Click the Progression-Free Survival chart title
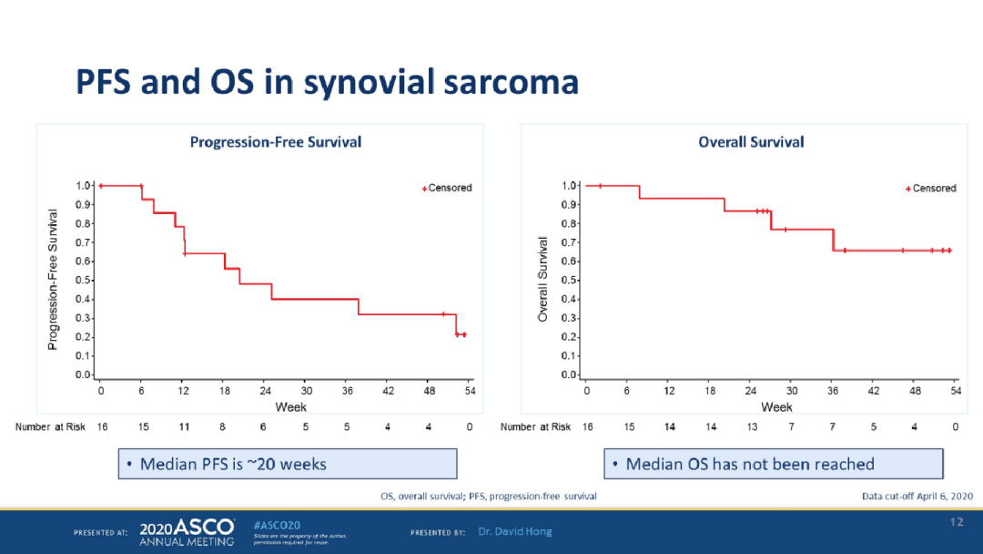275,142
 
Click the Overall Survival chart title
751,142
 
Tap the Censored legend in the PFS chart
447,189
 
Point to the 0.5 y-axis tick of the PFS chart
83,281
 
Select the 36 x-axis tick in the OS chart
833,391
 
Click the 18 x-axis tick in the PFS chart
224,391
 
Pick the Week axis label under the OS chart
776,406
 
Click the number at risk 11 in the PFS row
183,427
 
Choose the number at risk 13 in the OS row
752,427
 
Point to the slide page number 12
956,521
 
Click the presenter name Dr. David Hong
515,531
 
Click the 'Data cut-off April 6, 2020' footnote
917,496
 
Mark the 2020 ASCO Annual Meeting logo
187,532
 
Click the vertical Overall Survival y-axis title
542,280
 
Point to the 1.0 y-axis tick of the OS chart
571,186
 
